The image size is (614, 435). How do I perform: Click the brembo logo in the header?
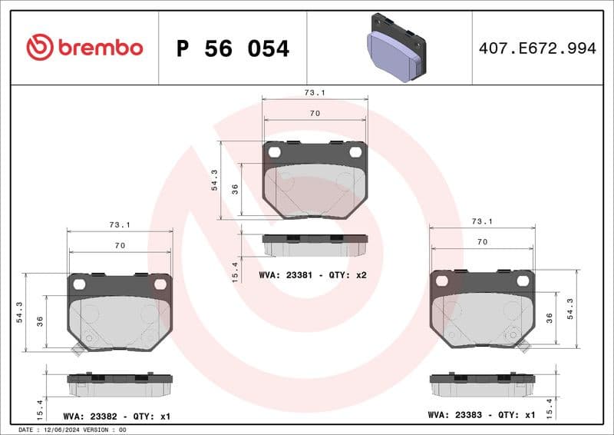(x=84, y=48)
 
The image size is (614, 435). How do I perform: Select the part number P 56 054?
(x=233, y=48)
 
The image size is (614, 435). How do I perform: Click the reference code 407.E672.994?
(x=537, y=48)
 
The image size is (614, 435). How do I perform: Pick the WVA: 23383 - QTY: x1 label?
(x=481, y=414)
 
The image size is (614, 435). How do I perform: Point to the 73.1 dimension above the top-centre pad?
(x=314, y=92)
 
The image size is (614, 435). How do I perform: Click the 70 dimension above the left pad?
(x=119, y=245)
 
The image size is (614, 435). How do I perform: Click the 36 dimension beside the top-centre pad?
(x=236, y=189)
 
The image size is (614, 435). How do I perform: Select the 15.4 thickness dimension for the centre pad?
(x=236, y=271)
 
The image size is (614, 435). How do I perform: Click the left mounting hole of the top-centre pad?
(x=275, y=152)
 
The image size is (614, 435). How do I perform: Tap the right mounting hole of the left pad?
(x=160, y=284)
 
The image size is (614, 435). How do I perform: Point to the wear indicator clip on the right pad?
(x=525, y=347)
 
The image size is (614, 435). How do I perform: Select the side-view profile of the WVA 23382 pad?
(x=119, y=384)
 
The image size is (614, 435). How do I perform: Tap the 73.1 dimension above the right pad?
(x=482, y=221)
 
